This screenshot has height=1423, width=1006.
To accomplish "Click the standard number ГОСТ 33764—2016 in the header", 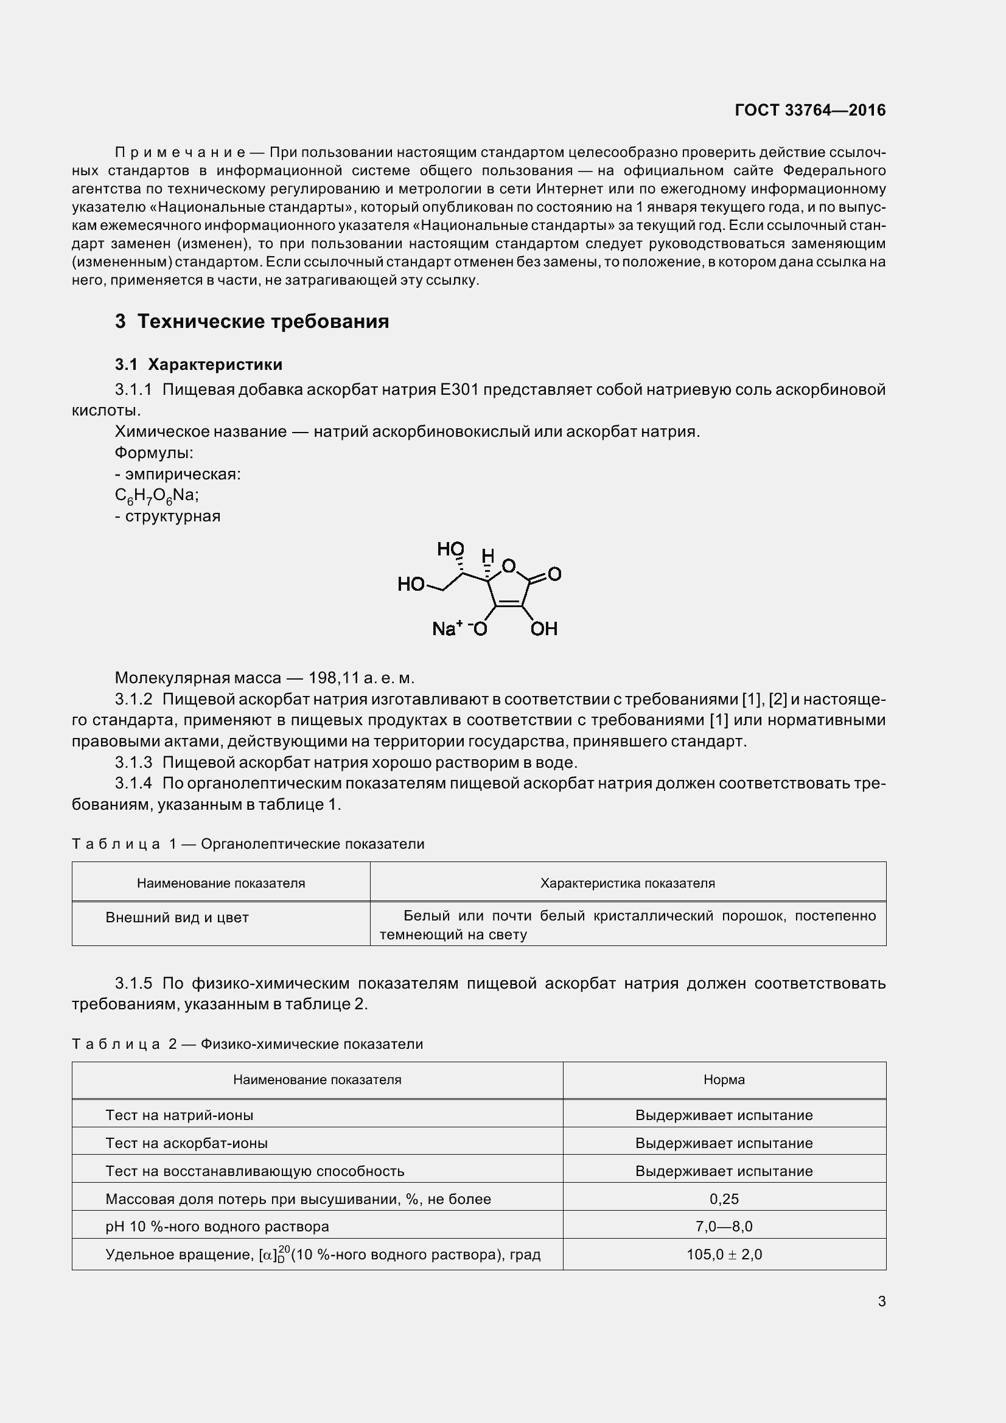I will click(809, 110).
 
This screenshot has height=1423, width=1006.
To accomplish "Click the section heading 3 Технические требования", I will click(252, 321).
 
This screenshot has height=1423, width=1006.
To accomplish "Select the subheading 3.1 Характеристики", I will click(198, 364).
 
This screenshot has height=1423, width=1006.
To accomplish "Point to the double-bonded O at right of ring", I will click(554, 574).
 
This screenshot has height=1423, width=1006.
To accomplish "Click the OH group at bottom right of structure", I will click(543, 629).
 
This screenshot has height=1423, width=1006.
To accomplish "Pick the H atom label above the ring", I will click(488, 555).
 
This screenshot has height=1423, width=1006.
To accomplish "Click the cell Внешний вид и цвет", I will click(176, 917).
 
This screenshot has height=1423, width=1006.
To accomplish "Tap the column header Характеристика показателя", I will click(627, 883).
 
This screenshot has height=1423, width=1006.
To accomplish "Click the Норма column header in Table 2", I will click(724, 1080).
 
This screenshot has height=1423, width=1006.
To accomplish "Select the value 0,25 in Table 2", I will click(724, 1199).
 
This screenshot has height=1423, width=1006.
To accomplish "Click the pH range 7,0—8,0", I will click(724, 1226).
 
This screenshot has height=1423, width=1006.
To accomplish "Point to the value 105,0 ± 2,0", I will click(724, 1254).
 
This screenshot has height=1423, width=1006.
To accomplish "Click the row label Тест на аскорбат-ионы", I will click(187, 1143).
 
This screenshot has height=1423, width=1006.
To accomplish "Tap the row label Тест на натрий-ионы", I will click(179, 1115).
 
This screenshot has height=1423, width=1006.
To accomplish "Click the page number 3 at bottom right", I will click(881, 1301).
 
